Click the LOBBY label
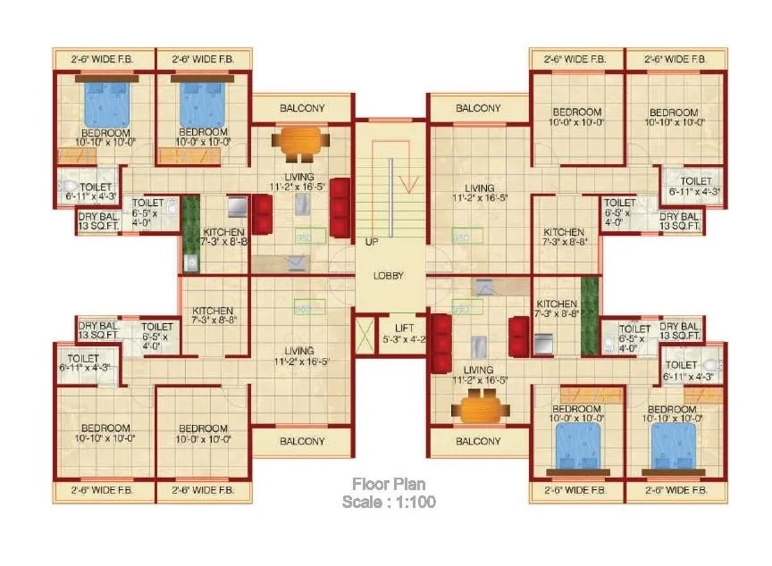tap(389, 276)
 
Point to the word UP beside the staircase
tap(371, 242)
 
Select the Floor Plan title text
tap(389, 485)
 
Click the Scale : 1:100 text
tap(389, 503)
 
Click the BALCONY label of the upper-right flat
tap(478, 108)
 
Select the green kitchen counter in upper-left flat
tap(189, 233)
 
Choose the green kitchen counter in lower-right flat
tap(589, 316)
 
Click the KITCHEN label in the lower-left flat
tap(213, 316)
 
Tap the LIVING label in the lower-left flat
tap(301, 356)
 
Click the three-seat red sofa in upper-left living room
tap(340, 204)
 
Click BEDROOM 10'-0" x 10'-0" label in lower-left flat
tap(203, 433)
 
